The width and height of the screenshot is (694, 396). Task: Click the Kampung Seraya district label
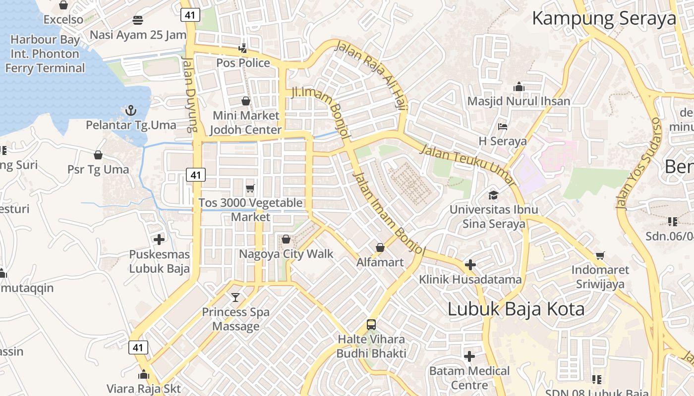pos(604,18)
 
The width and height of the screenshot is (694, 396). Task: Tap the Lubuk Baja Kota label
pos(516,309)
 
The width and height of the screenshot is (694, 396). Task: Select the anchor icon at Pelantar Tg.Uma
pos(131,110)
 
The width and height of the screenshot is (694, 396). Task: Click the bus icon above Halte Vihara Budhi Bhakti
pos(371,325)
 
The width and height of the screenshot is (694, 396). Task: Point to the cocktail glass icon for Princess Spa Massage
pos(235,297)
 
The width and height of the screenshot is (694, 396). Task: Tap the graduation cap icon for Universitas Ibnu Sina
pos(493,195)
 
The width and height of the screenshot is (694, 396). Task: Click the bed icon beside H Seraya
pos(503,127)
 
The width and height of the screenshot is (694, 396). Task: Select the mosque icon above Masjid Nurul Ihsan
pos(519,87)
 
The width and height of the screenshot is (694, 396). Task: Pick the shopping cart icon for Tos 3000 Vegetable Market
pos(250,188)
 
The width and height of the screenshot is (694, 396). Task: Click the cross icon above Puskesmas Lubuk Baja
pos(159,240)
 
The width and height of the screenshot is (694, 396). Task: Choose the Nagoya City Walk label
pos(286,254)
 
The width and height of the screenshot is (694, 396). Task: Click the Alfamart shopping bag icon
pos(380,247)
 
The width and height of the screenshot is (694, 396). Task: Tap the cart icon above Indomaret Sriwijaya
pos(600,255)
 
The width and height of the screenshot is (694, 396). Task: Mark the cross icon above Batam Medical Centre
pos(469,356)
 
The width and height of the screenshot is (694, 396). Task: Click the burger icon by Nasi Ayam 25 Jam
pos(138,20)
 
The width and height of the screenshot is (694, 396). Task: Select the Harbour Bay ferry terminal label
pos(45,53)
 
